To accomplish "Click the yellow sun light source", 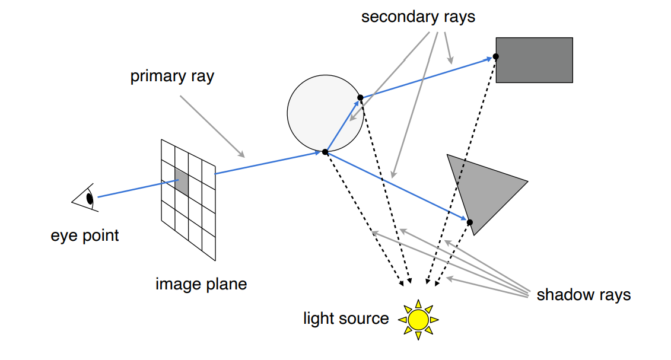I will click(418, 320).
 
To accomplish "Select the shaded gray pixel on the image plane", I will click(182, 182).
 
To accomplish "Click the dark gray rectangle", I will click(534, 60).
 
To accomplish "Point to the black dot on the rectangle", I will click(495, 56).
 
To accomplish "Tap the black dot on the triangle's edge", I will click(469, 222).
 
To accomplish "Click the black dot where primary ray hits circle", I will click(325, 152).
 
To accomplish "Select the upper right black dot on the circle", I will click(360, 97).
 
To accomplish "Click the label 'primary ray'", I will click(172, 77).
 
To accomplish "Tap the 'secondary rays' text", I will click(418, 17).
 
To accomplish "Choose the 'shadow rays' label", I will click(583, 295).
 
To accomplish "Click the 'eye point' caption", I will click(85, 235).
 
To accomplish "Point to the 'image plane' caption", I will click(201, 284).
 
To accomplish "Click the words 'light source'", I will click(346, 318).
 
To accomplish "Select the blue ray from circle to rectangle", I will click(427, 77).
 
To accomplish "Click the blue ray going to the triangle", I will click(397, 187).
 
